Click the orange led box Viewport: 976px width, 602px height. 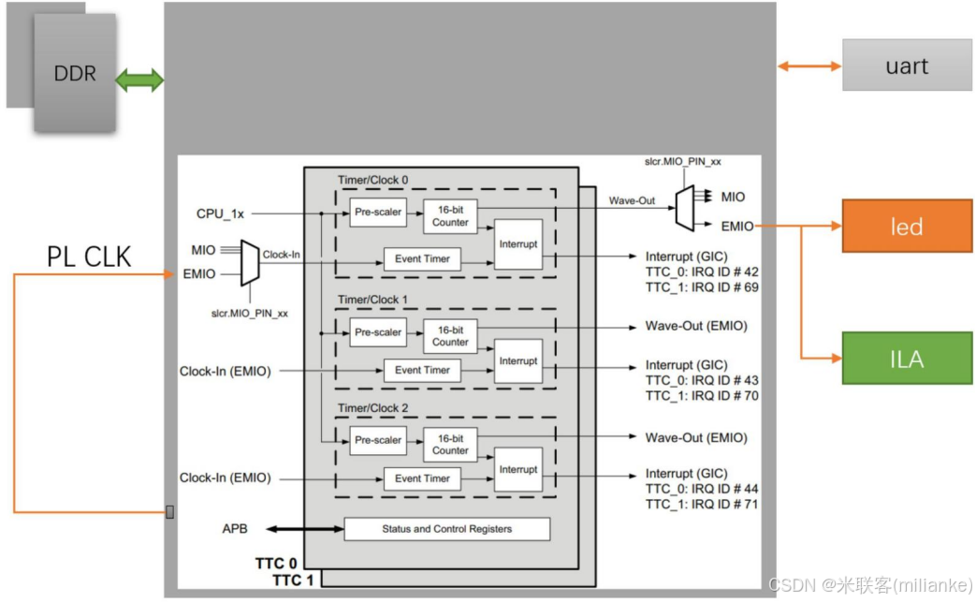907,226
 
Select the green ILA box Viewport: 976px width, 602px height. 907,358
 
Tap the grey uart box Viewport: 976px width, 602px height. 907,66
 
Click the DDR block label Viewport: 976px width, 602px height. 75,73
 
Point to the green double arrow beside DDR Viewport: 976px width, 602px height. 139,81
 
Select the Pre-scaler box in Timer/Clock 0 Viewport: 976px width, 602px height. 378,213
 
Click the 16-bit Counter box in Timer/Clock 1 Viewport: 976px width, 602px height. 450,335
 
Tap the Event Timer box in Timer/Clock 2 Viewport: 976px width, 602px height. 422,478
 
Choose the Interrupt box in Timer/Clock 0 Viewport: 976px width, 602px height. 518,244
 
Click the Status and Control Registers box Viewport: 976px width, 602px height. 446,529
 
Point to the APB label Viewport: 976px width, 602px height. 236,529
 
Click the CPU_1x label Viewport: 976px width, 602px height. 220,213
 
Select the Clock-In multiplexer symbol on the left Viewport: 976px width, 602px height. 249,262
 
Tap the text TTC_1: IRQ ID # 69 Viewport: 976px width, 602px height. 702,286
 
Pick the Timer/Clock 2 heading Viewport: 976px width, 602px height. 372,408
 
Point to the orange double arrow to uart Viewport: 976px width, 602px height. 809,66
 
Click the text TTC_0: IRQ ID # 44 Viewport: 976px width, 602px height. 702,489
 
